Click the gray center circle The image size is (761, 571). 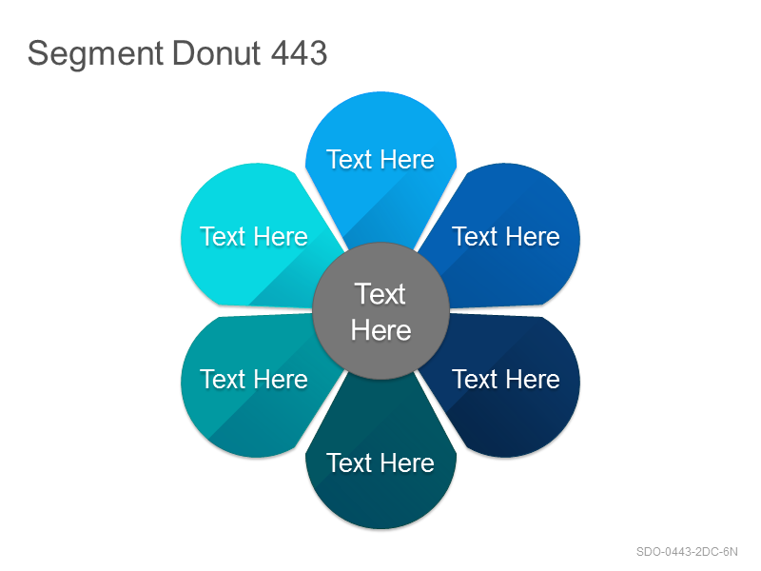pos(381,311)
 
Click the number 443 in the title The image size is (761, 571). pos(299,52)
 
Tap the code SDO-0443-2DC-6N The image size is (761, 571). pos(687,552)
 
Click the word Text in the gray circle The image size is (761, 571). pos(380,294)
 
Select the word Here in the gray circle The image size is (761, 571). pos(381,330)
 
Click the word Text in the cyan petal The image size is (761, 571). pos(223,236)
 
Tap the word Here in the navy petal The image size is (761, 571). pos(534,379)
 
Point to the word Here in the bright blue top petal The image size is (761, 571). pos(408,159)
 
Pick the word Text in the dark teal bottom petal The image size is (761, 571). pos(349,463)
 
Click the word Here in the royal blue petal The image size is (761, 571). pos(534,236)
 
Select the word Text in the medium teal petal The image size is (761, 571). pos(223,379)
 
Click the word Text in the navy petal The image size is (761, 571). pos(475,379)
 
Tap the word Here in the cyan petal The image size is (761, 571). pos(282,236)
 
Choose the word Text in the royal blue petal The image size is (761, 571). pos(475,236)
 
